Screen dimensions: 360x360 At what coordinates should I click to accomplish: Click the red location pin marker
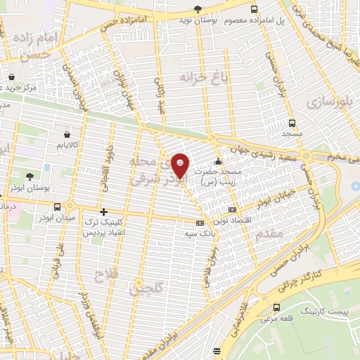point(181,166)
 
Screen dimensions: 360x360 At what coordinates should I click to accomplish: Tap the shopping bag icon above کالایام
point(65,132)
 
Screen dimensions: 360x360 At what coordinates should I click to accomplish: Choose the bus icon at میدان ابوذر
point(70,207)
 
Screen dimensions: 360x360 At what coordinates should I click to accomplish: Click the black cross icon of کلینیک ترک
point(103,212)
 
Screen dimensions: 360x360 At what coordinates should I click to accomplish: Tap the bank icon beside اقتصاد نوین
point(233,210)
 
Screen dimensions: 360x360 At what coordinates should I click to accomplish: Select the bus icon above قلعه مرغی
point(276,307)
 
